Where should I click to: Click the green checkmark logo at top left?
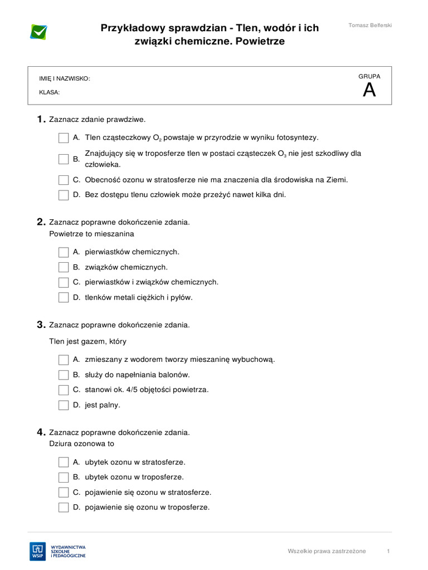tap(38, 32)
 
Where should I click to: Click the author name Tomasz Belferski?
tap(370, 26)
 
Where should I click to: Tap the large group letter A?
tap(369, 90)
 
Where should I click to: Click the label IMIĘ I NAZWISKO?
tap(64, 79)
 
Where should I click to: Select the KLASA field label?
tap(49, 93)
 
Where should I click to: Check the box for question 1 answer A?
tap(64, 137)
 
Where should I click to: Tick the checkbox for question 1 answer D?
tap(64, 195)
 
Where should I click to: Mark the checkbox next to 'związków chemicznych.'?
tap(64, 267)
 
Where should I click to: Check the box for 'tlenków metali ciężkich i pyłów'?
tap(64, 297)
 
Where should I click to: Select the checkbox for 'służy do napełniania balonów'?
tap(64, 375)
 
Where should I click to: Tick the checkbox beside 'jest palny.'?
tap(64, 405)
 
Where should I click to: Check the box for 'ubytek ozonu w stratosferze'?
tap(64, 462)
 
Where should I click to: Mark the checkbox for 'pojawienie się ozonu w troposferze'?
tap(64, 507)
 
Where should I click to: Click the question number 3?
tap(40, 325)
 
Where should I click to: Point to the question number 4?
tap(40, 432)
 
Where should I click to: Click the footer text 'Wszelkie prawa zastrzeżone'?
tap(327, 551)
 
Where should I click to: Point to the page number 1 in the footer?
tap(388, 551)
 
